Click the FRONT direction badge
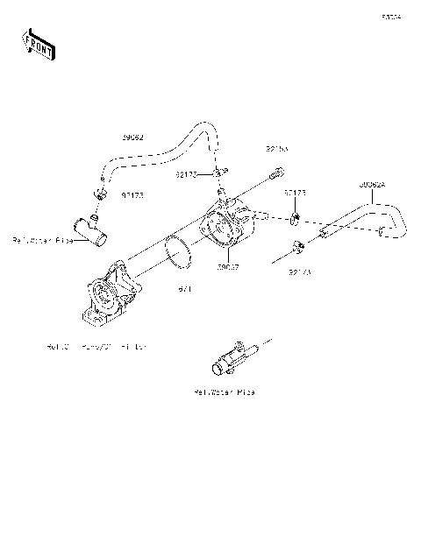pyautogui.click(x=38, y=43)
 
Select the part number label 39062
pyautogui.click(x=133, y=137)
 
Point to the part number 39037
pyautogui.click(x=228, y=266)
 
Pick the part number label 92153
pyautogui.click(x=276, y=150)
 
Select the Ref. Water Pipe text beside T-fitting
pyautogui.click(x=42, y=239)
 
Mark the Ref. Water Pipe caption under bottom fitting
pyautogui.click(x=225, y=393)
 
